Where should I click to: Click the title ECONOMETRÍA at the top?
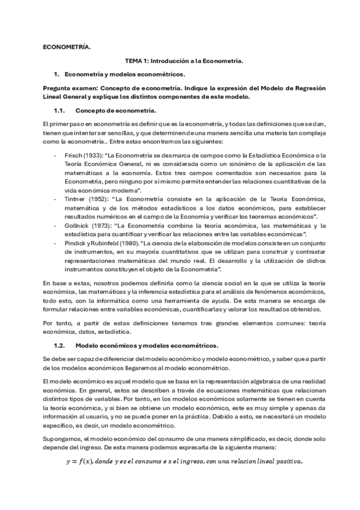66,47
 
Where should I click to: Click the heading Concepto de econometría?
115,111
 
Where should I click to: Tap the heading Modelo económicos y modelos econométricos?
147,345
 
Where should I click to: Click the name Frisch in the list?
80,155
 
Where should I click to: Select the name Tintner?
82,198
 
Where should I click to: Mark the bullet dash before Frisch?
56,155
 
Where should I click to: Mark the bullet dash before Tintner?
56,198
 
